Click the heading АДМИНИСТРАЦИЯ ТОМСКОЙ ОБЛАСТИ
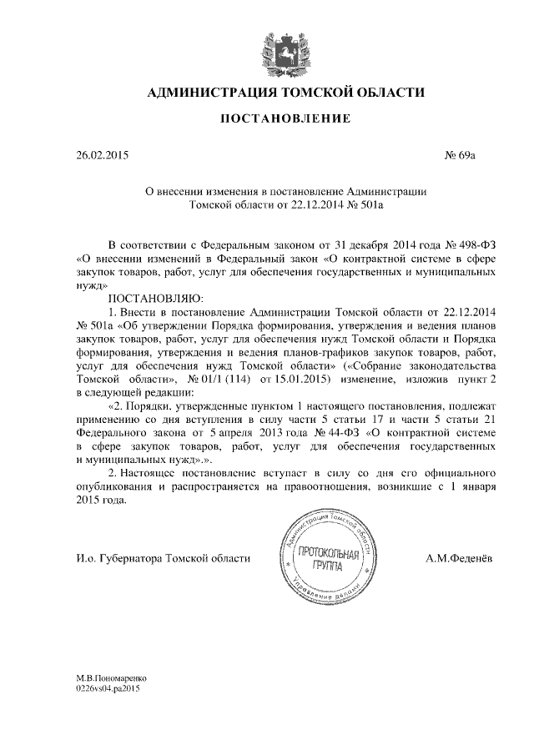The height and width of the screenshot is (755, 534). [286, 92]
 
